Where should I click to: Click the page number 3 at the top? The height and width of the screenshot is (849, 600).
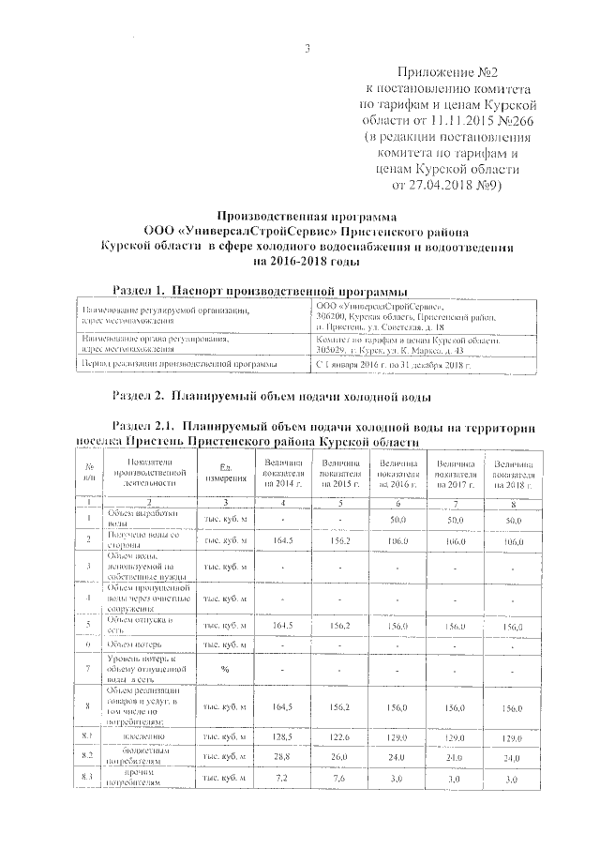pos(307,49)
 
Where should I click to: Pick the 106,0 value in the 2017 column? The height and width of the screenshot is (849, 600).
pos(453,540)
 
